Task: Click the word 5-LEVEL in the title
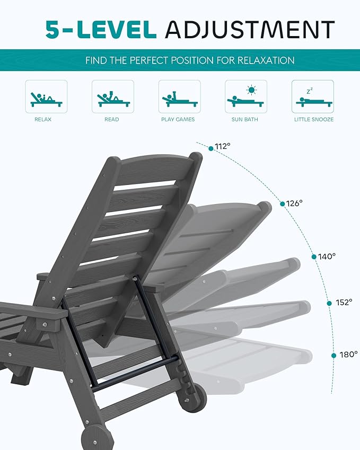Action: point(101,29)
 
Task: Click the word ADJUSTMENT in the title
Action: point(250,29)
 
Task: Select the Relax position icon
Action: point(46,96)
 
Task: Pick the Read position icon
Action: point(112,96)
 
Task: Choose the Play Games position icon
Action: point(179,96)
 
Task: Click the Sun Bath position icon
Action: point(245,96)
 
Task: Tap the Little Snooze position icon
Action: point(312,96)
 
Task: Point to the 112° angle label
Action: point(223,146)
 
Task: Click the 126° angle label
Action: point(294,202)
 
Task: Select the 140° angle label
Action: point(327,256)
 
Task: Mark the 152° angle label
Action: point(344,302)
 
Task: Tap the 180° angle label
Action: point(349,354)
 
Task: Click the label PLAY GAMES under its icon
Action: point(178,120)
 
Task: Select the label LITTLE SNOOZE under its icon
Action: point(314,120)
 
